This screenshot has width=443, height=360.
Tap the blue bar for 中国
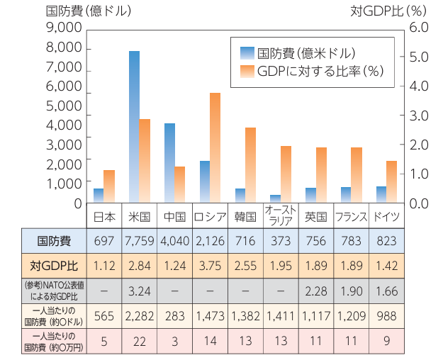point(169,163)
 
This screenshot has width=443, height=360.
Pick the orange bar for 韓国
point(250,165)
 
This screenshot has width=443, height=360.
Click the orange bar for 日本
point(108,186)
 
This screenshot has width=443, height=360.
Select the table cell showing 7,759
point(139,241)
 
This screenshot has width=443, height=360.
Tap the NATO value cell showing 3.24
point(139,291)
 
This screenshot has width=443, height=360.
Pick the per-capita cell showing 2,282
point(139,315)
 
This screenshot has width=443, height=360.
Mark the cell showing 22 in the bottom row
point(139,341)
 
